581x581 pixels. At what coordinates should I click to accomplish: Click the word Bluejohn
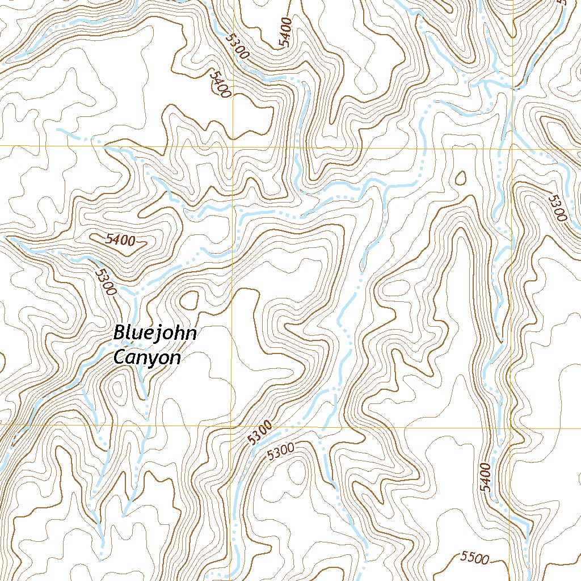(x=154, y=333)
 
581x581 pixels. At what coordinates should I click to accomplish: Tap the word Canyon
(x=146, y=357)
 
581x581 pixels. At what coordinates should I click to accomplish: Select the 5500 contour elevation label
(x=475, y=558)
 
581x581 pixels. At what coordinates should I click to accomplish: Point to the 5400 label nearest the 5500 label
(x=485, y=477)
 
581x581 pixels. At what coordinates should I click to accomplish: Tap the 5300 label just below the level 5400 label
(x=106, y=282)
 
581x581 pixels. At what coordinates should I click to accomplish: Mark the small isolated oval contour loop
(x=461, y=178)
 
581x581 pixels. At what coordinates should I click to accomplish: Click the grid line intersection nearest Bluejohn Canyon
(x=231, y=424)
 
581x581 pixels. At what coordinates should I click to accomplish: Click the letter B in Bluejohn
(x=119, y=332)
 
